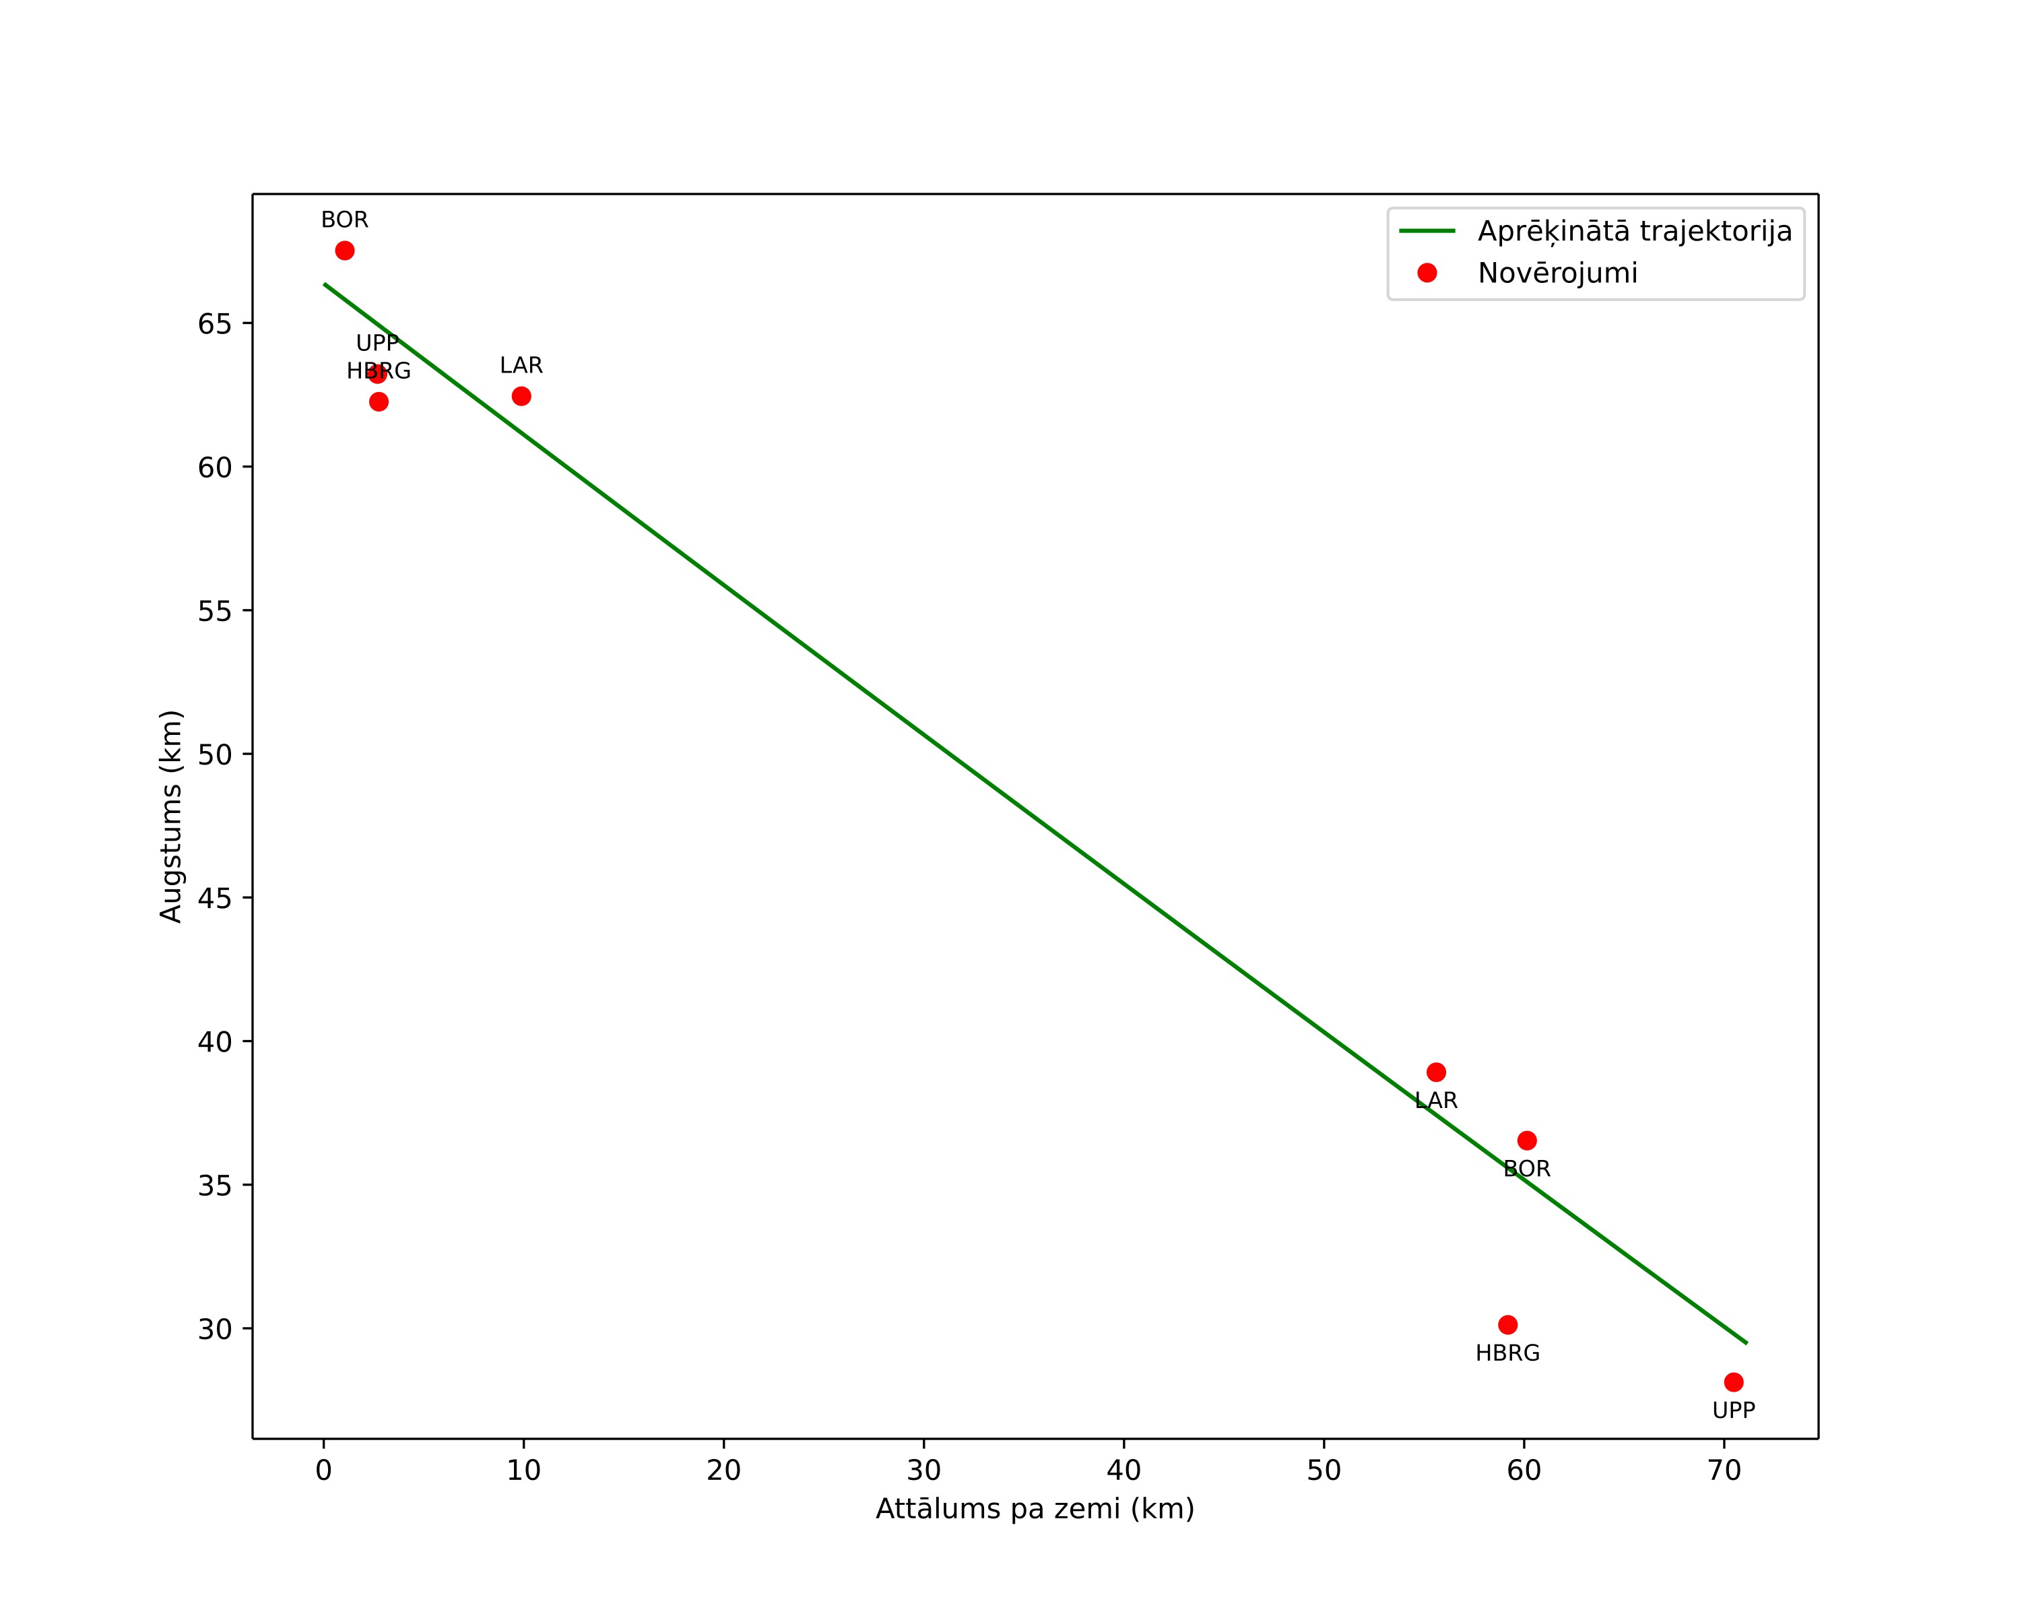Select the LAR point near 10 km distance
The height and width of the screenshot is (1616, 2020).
point(521,396)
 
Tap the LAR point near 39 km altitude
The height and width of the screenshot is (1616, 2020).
point(1436,1072)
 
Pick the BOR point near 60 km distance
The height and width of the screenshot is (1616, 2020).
point(1527,1141)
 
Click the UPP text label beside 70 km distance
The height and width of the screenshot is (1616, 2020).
point(1733,1411)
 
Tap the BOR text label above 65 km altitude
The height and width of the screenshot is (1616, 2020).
point(345,220)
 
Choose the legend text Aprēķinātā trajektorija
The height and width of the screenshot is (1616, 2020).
point(1635,232)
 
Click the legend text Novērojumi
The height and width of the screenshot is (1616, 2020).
point(1558,273)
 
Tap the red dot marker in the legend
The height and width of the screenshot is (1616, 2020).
point(1427,273)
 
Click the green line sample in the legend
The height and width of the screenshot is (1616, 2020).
point(1427,230)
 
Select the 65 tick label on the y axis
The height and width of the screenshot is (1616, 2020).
point(215,324)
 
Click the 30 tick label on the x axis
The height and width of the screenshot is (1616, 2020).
point(924,1470)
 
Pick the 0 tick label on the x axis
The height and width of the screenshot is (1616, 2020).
point(324,1470)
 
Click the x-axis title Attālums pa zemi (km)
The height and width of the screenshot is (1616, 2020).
point(1035,1509)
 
